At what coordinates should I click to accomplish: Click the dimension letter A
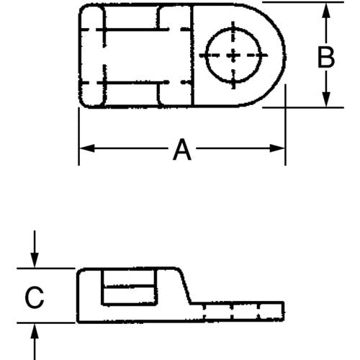click(182, 149)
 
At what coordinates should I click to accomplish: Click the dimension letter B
click(325, 57)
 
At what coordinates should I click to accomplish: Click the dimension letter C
click(35, 297)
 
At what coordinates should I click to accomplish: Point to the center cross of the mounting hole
click(233, 55)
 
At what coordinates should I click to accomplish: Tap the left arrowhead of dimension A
click(86, 148)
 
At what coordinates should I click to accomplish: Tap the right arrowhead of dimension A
click(277, 148)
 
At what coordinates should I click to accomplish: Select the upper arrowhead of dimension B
click(325, 10)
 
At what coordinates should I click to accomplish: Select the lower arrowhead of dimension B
click(325, 99)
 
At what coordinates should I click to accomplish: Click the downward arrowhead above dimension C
click(35, 261)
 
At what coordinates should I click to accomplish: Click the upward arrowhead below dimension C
click(35, 330)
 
